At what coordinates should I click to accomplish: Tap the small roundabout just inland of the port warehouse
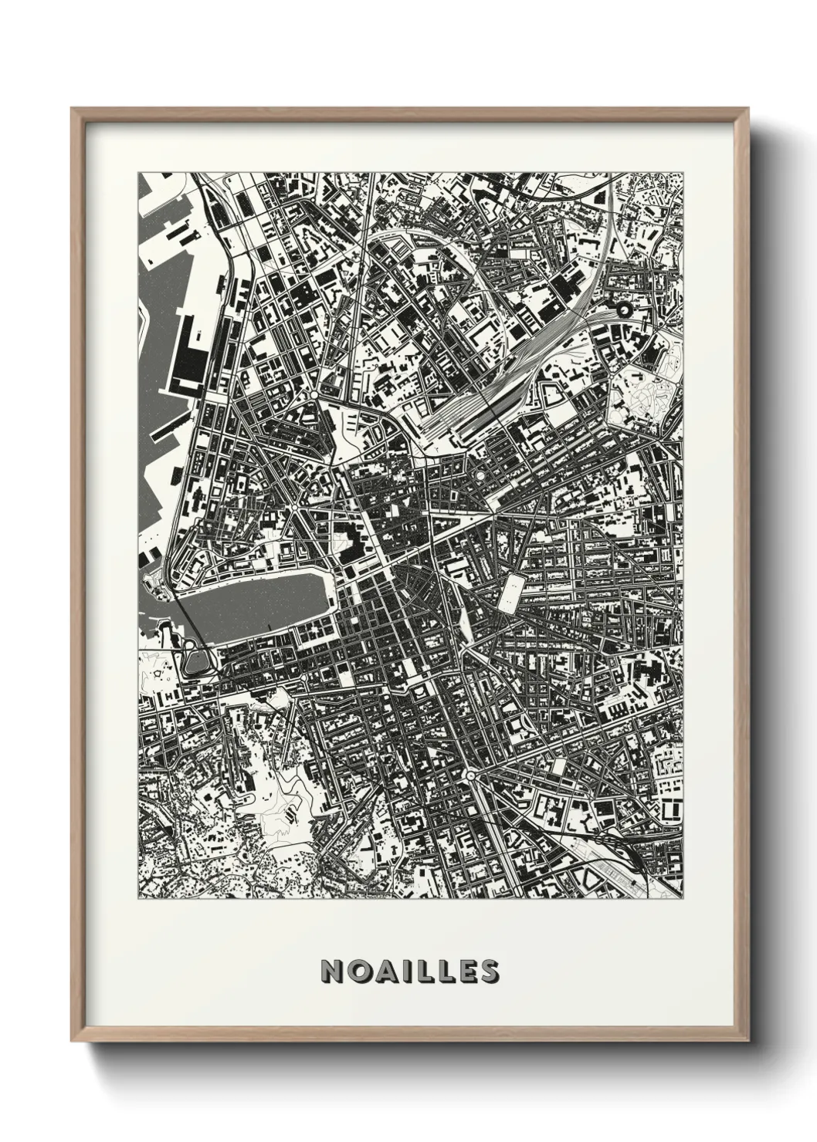[315, 395]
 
